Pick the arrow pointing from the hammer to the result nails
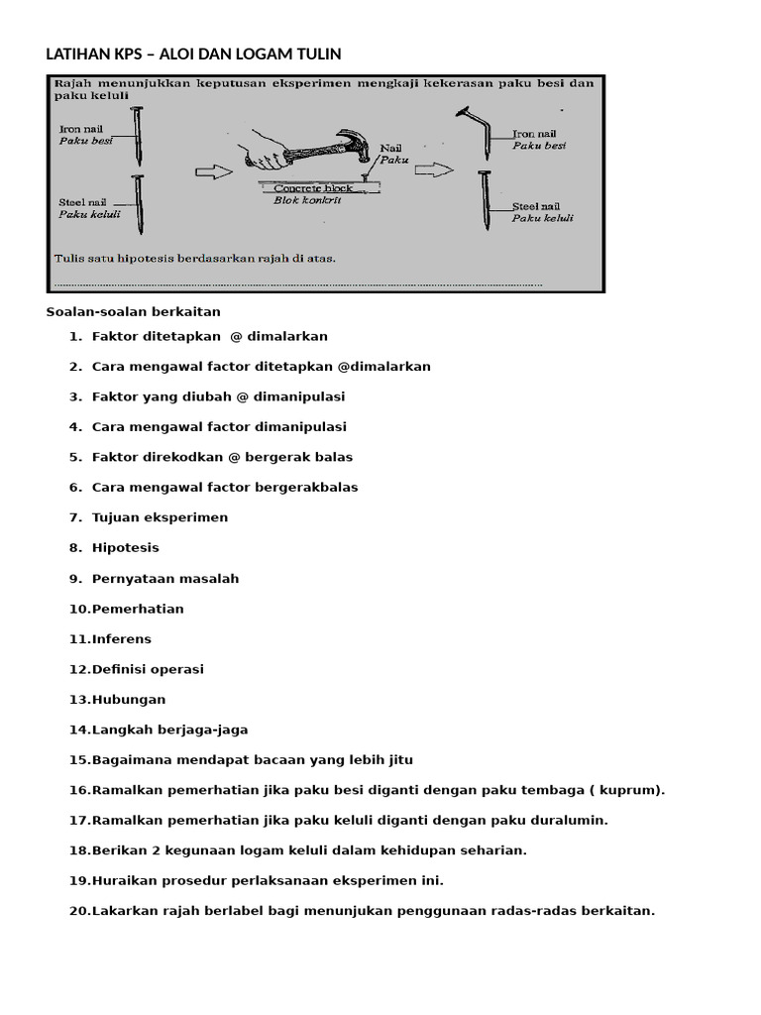click(431, 170)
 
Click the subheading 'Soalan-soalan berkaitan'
click(133, 311)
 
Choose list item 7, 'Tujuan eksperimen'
click(160, 517)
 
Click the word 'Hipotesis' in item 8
click(125, 547)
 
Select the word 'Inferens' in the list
click(122, 638)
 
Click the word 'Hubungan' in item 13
click(129, 700)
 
